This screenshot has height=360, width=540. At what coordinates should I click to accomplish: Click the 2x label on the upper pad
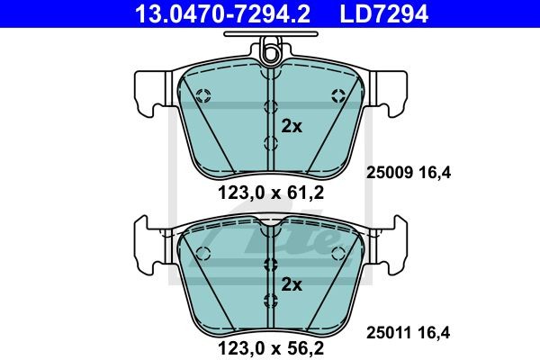[292, 126]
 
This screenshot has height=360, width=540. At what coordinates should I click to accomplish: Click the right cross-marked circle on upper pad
[338, 94]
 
